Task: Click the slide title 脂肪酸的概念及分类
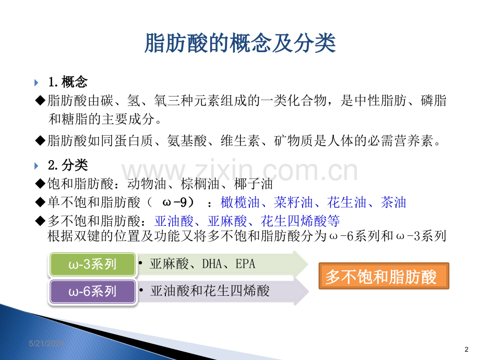click(x=241, y=43)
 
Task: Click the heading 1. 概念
click(x=68, y=82)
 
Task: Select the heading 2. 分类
click(x=68, y=165)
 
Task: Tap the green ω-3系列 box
click(x=92, y=264)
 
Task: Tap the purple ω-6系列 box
click(x=92, y=291)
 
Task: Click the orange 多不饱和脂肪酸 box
click(x=384, y=276)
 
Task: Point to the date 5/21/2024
click(x=46, y=343)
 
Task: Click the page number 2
click(x=466, y=349)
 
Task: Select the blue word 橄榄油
click(x=240, y=202)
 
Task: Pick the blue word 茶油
click(x=393, y=202)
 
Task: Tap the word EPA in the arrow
click(x=245, y=263)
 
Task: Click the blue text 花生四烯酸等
click(x=301, y=221)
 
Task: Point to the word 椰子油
click(x=254, y=184)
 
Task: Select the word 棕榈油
click(x=200, y=184)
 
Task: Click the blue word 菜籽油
click(x=293, y=202)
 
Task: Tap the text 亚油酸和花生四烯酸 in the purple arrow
click(x=210, y=291)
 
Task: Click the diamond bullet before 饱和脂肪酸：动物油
click(x=40, y=184)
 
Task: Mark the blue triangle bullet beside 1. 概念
click(x=36, y=82)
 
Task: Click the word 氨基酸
click(x=187, y=141)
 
